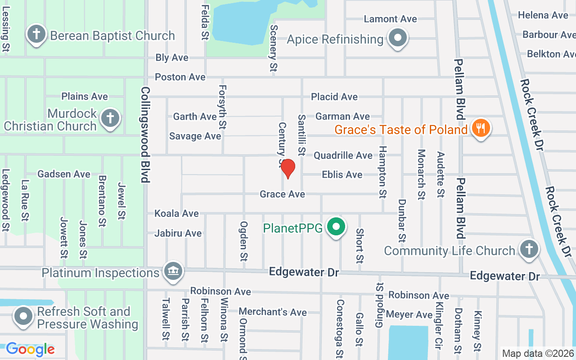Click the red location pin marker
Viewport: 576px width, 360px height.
[x=288, y=168]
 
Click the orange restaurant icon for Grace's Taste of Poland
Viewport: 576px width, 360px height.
[x=481, y=128]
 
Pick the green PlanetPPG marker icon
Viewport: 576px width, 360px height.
[x=335, y=227]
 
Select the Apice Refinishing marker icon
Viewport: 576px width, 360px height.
[x=398, y=38]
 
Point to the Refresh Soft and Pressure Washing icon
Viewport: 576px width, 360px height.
[x=23, y=316]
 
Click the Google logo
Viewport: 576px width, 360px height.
[x=30, y=349]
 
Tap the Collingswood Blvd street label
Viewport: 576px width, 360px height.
[x=145, y=135]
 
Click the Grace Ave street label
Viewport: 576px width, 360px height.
[x=282, y=194]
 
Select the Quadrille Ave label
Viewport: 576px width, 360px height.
[x=343, y=155]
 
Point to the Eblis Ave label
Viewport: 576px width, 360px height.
[x=342, y=175]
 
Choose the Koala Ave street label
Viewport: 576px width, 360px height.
[x=176, y=213]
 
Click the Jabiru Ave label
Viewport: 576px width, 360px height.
[x=178, y=233]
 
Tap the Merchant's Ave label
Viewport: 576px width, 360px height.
[x=273, y=311]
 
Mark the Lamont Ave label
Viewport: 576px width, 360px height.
[x=390, y=19]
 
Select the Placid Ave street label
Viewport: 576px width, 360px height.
[x=334, y=97]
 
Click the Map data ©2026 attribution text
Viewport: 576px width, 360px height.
[x=538, y=354]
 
